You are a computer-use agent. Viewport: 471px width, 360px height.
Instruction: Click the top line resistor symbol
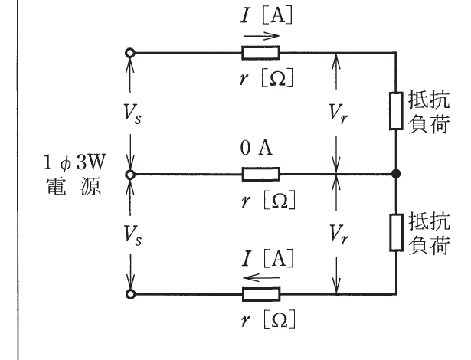(260, 53)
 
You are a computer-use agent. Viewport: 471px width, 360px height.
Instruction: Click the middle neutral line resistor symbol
(260, 174)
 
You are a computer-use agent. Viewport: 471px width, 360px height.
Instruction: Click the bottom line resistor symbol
(261, 294)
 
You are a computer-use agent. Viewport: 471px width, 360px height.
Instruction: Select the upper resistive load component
(396, 111)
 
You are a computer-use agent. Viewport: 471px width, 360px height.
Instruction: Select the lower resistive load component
(396, 232)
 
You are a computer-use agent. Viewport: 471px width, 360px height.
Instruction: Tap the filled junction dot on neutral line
(396, 174)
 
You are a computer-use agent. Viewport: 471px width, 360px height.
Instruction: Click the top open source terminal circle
(130, 53)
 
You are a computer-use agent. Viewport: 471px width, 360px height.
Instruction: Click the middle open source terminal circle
(130, 174)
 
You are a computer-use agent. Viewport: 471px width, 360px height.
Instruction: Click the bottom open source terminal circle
(130, 294)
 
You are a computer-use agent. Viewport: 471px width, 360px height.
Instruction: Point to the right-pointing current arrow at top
(261, 36)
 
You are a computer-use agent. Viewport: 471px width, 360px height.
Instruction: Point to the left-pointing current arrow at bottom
(261, 277)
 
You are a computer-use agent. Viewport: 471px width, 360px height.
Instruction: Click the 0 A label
(257, 148)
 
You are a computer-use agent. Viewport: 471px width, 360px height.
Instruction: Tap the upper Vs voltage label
(132, 114)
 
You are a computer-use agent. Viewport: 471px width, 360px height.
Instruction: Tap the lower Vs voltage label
(132, 236)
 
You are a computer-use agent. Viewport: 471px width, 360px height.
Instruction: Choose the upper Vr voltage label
(339, 114)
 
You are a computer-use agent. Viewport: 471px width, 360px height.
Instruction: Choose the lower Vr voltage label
(339, 234)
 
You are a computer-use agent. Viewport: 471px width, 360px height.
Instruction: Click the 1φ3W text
(74, 163)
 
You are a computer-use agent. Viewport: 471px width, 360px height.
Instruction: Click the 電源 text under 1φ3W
(74, 187)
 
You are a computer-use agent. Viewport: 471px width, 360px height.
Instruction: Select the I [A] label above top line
(267, 15)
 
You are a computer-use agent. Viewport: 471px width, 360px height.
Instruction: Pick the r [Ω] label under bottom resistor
(268, 319)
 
